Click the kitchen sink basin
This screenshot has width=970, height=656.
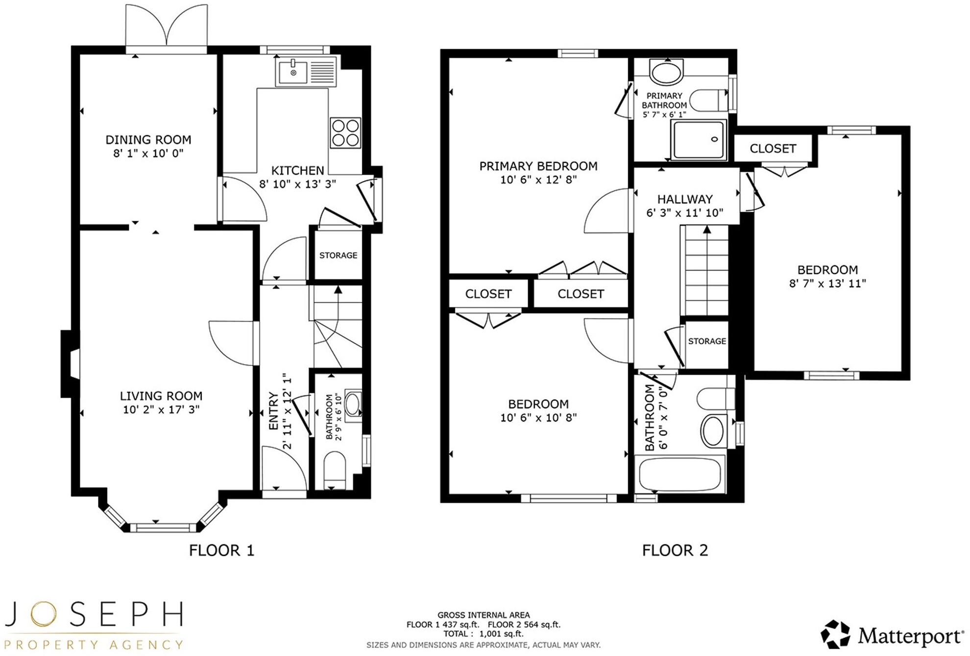[293, 72]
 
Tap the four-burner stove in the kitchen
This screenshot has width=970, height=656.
[345, 133]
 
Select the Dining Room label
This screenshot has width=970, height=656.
[148, 140]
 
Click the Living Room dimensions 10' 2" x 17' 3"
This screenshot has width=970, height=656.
[161, 409]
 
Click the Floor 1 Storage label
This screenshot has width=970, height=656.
[338, 255]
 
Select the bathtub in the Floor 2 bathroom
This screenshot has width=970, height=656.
[680, 474]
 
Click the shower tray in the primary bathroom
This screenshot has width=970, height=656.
[699, 140]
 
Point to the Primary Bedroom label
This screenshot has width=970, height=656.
[538, 166]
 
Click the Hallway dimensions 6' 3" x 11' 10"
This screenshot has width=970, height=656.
[685, 212]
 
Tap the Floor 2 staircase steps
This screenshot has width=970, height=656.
[704, 272]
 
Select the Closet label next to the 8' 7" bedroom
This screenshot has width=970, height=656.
[773, 148]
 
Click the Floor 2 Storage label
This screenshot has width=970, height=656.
[707, 341]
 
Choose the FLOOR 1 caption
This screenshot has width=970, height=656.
[221, 550]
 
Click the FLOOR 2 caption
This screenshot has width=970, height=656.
[675, 550]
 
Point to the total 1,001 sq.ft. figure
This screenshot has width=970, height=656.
[501, 633]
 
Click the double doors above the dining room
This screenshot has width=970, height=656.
[167, 27]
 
